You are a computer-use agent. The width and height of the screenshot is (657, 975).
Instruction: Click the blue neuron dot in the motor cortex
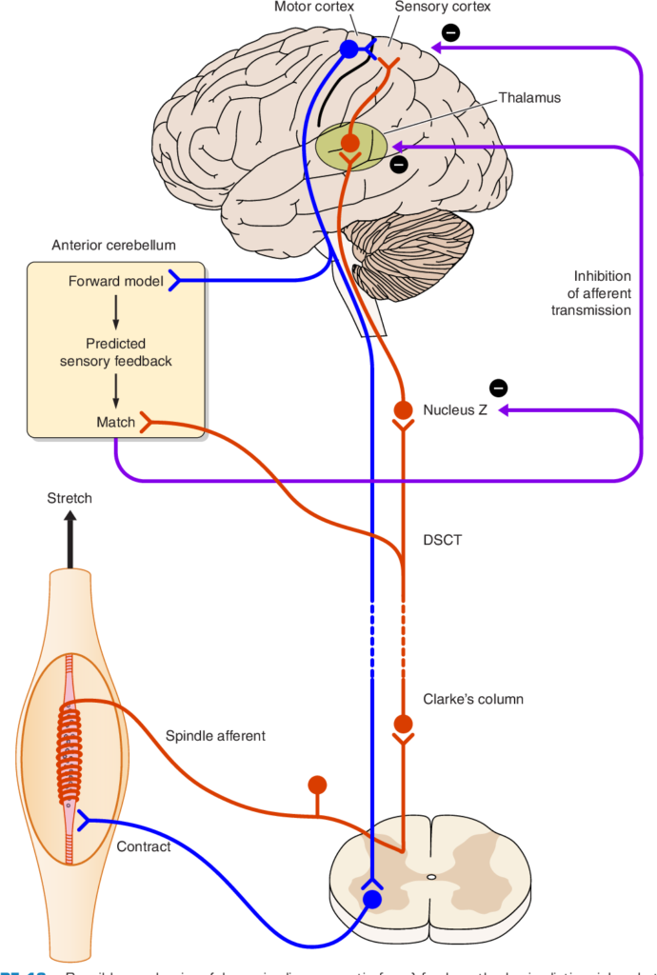coord(349,49)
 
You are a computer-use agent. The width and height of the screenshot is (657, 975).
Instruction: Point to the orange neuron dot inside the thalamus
coord(350,144)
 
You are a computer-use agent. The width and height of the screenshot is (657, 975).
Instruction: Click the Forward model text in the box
coord(113,281)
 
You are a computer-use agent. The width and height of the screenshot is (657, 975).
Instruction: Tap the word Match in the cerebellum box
coord(116,421)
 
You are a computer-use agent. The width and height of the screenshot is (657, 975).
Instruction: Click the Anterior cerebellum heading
coord(114,245)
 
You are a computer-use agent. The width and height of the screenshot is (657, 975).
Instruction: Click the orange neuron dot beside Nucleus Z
coord(403,410)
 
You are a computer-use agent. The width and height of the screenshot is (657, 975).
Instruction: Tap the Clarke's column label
coord(472,699)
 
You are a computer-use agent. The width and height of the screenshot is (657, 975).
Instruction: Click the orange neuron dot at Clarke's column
coord(403,724)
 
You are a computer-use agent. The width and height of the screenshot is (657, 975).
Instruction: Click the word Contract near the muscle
coord(144,846)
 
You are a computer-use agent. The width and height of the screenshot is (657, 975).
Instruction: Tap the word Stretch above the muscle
coord(70,498)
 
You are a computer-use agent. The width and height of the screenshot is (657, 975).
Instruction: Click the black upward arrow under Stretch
coord(70,538)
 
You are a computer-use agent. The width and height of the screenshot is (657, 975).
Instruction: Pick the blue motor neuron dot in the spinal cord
coord(372,899)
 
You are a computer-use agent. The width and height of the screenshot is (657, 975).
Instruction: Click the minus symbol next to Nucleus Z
coord(498,388)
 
